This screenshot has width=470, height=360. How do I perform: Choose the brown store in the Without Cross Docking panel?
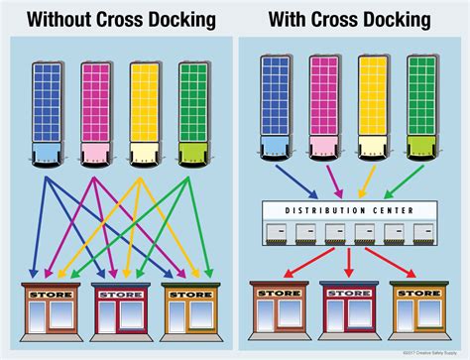[x=49, y=311]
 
